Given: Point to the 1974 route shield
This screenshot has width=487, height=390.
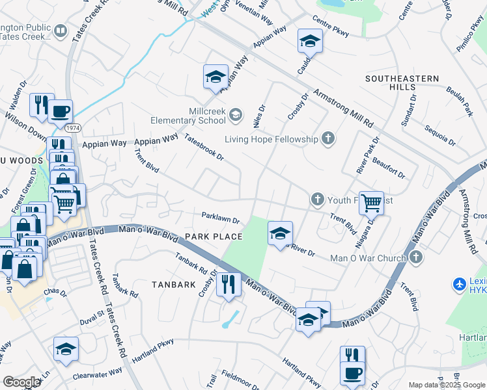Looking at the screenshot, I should point(74,128).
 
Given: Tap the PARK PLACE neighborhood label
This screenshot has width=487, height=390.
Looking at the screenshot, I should point(214,237).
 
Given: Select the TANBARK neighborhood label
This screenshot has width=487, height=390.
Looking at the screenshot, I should point(174,285).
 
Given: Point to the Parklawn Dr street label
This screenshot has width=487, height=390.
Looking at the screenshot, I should point(221,219).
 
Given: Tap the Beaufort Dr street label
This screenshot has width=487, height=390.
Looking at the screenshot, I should point(390,166).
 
